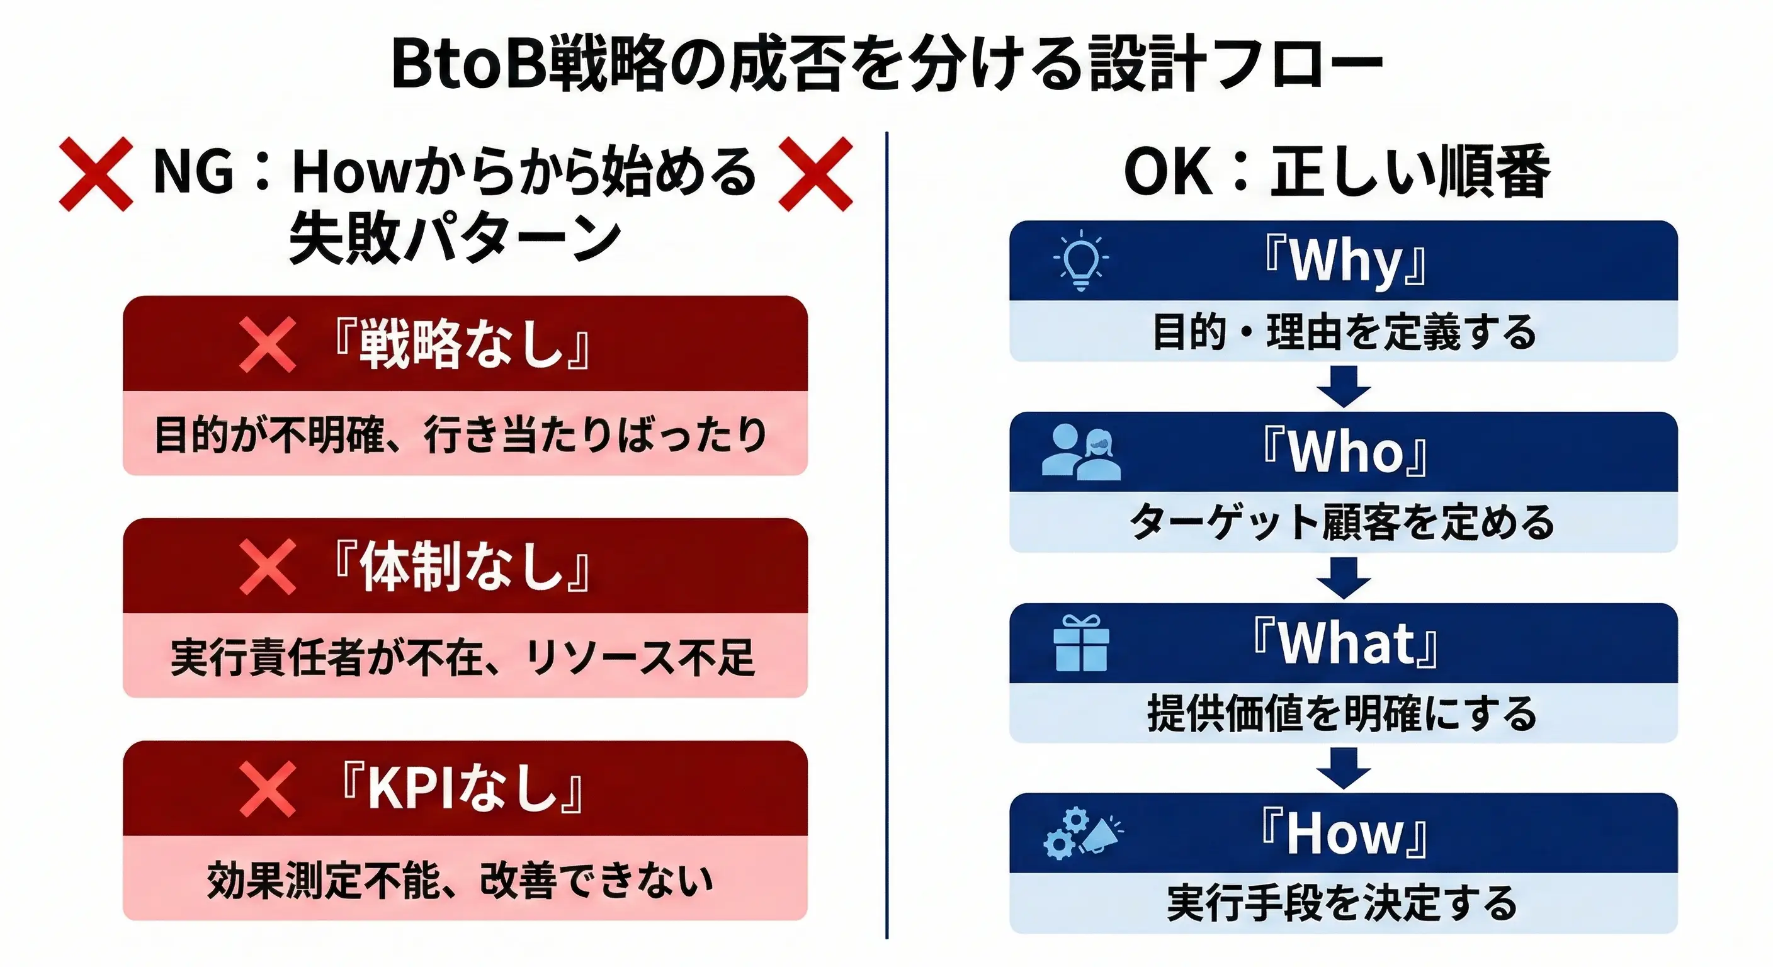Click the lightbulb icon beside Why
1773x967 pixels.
click(x=1080, y=260)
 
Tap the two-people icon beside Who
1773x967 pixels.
click(x=1080, y=452)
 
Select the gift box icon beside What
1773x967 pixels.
click(x=1080, y=643)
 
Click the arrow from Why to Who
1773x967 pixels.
click(x=1344, y=386)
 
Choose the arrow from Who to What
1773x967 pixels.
click(x=1344, y=577)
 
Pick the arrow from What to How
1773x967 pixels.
click(x=1344, y=768)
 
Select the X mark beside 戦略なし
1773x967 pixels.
click(x=268, y=344)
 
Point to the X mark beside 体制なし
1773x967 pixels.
click(x=268, y=567)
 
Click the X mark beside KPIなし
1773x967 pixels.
click(x=268, y=789)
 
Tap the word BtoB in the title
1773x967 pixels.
click(x=470, y=64)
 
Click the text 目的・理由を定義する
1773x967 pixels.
click(x=1344, y=332)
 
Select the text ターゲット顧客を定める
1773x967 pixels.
click(x=1342, y=522)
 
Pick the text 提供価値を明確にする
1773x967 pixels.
click(x=1342, y=713)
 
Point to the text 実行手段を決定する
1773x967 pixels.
click(x=1342, y=903)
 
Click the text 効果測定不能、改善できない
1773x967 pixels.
click(x=460, y=880)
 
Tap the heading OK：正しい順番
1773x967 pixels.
click(x=1337, y=172)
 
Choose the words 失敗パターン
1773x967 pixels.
click(x=455, y=237)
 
